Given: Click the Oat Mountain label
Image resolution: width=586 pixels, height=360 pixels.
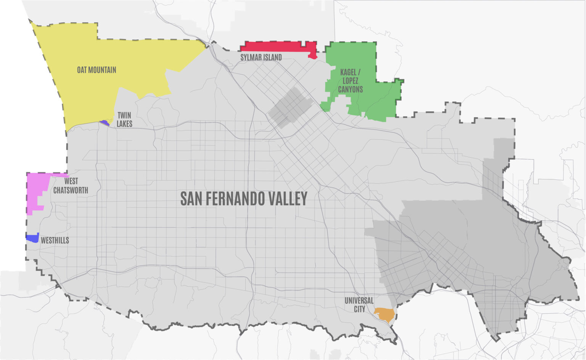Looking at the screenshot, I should coord(97,70).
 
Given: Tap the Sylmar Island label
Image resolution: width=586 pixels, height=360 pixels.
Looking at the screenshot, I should coord(261,57).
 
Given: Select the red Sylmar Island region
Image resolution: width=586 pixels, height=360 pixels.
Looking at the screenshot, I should coord(279,46).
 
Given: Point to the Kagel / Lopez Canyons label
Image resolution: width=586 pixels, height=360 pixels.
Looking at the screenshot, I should coord(350,80).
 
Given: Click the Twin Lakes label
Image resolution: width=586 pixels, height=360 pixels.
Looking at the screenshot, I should coord(124,119).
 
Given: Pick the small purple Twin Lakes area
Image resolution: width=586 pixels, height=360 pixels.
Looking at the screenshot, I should coord(104,123).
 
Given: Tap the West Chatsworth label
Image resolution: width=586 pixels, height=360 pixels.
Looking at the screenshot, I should coord(71,186).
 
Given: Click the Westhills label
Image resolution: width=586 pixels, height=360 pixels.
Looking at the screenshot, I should coord(55,240).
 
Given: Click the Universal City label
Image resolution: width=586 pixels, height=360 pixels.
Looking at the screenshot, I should coord(359,305).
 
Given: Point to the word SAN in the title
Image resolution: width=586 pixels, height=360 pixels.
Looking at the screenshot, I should coord(188,199).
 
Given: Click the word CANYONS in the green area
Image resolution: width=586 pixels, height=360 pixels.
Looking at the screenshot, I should coord(350,89).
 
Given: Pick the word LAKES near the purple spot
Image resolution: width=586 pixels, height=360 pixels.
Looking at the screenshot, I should coord(124,124).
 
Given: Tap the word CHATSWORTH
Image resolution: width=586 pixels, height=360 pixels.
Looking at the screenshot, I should coord(71,190).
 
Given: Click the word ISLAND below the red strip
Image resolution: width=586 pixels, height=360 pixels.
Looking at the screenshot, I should coord(271,57).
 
